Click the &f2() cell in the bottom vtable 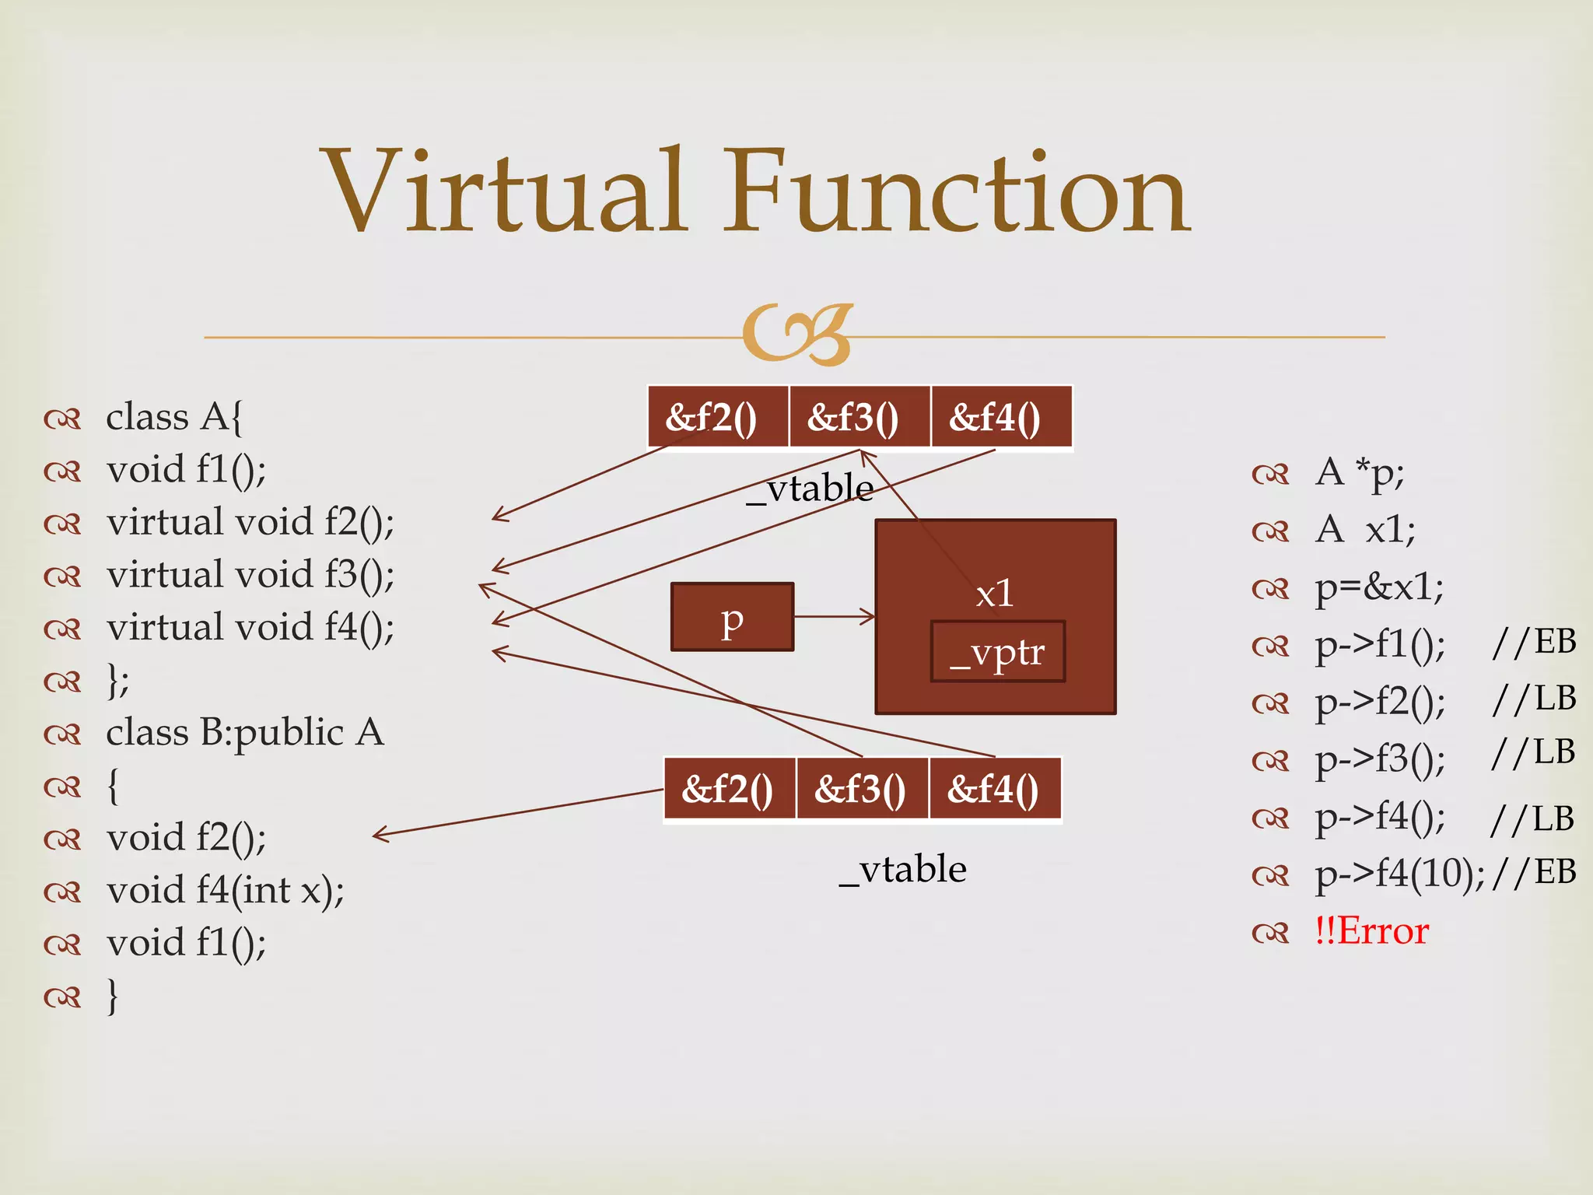[x=730, y=789]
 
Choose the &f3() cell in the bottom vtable [x=862, y=789]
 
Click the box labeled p [x=732, y=617]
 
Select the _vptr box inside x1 [x=997, y=652]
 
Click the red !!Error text [x=1372, y=931]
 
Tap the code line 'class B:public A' [x=245, y=733]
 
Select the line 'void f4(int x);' [x=226, y=890]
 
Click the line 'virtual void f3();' [x=250, y=575]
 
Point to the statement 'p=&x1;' [x=1379, y=587]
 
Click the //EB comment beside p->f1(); [x=1534, y=643]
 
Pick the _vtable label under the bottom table [x=903, y=869]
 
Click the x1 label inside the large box [x=995, y=594]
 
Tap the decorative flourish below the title [x=798, y=335]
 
